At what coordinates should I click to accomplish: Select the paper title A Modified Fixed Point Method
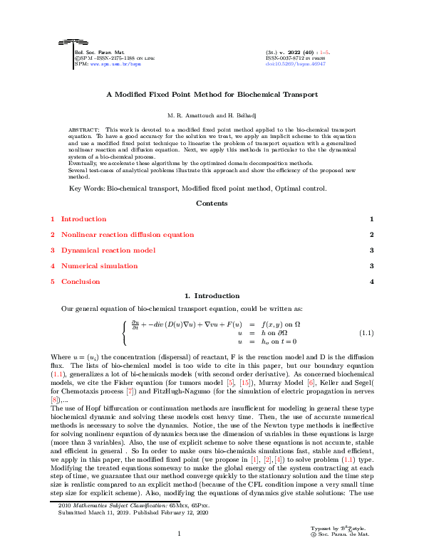(x=212, y=94)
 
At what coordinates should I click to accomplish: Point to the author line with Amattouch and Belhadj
(x=212, y=115)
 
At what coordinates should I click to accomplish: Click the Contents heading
(x=212, y=203)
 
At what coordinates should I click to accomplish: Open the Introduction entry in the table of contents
(x=83, y=219)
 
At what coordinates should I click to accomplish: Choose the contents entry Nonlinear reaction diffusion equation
(x=127, y=235)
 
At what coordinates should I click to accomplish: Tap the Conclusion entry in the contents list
(x=81, y=282)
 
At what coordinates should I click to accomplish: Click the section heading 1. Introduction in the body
(x=212, y=296)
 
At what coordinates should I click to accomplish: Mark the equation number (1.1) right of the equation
(x=366, y=333)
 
